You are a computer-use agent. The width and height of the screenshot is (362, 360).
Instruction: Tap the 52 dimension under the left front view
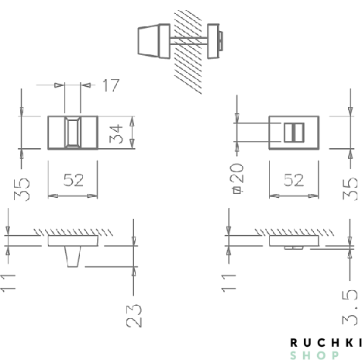point(73,179)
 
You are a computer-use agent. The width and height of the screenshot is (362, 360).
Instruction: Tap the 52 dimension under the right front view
point(294,179)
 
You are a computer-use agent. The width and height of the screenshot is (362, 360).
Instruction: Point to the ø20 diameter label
point(237,178)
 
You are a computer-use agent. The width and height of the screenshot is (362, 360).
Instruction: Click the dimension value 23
point(134,314)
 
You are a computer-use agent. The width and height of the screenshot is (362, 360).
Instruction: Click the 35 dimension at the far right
point(350,187)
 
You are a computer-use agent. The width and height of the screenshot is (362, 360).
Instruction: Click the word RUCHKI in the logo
point(325,342)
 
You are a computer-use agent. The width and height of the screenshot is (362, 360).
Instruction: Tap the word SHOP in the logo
point(314,355)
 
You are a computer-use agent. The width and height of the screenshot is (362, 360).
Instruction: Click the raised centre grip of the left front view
point(73,133)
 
